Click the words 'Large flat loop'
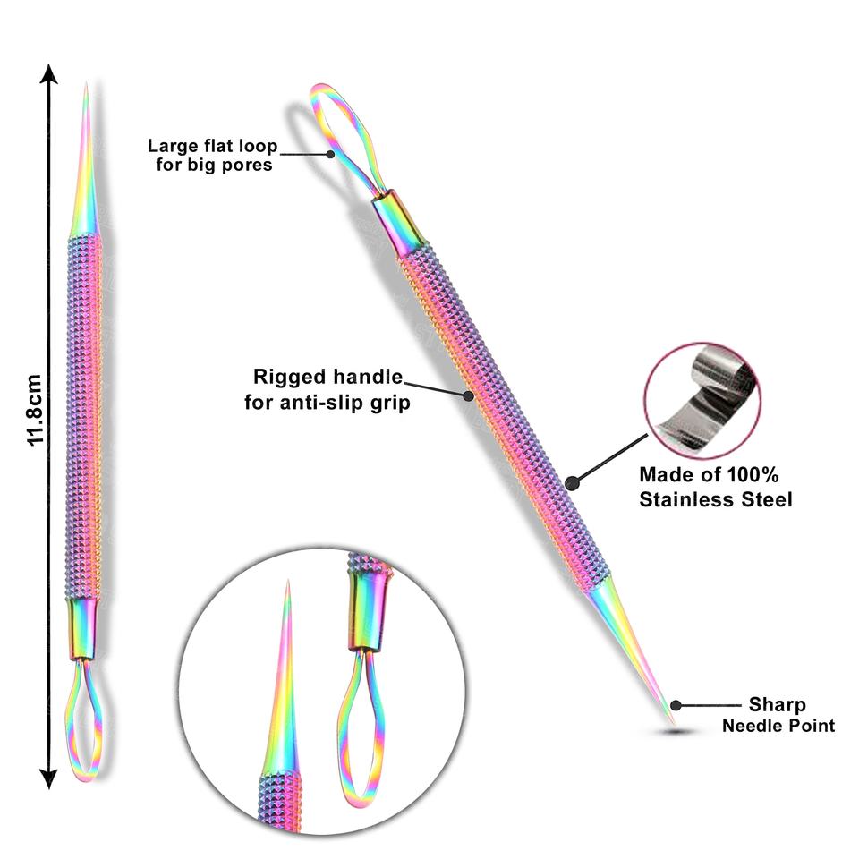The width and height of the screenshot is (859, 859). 212,146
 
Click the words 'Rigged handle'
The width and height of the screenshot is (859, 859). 327,377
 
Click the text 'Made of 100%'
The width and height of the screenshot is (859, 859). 709,475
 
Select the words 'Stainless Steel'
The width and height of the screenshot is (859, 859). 716,499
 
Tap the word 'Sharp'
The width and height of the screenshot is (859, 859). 778,705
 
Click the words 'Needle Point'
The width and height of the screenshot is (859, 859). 778,725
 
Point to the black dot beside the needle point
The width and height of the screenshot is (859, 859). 676,706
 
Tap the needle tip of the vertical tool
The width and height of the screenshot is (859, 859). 86,89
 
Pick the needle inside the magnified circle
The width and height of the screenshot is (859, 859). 285,680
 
